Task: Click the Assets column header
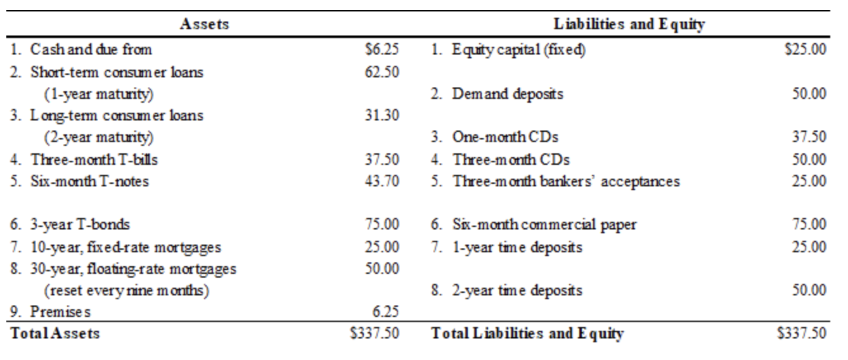[x=204, y=25]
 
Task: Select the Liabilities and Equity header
[x=630, y=25]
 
